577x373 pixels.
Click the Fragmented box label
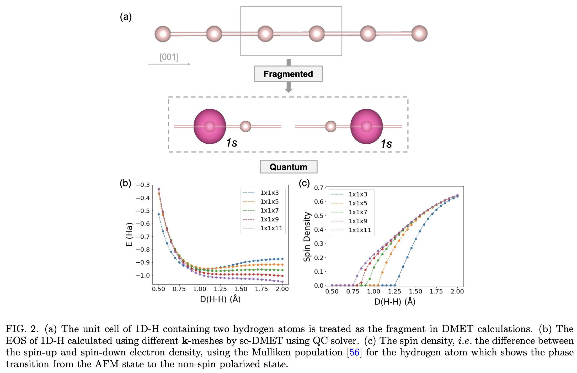point(288,74)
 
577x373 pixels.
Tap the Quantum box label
point(288,167)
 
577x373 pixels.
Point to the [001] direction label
point(169,57)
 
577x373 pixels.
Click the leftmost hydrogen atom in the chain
point(163,34)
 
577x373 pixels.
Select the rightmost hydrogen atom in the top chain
point(419,34)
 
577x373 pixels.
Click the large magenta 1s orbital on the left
point(210,126)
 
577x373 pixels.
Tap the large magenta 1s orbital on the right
point(366,126)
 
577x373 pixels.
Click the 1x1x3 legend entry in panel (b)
point(269,193)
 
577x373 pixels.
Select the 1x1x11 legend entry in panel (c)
point(360,230)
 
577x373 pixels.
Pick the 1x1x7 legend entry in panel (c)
point(358,212)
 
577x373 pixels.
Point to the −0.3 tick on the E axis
point(143,185)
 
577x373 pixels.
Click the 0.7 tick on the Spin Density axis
point(319,188)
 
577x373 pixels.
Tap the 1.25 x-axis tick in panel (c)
point(394,291)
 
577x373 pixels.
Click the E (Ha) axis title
point(129,234)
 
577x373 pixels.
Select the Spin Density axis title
point(307,236)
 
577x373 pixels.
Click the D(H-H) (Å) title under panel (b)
point(220,299)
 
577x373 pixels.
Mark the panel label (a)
point(126,17)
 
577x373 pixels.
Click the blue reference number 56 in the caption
point(354,352)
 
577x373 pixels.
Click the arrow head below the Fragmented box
point(288,90)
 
